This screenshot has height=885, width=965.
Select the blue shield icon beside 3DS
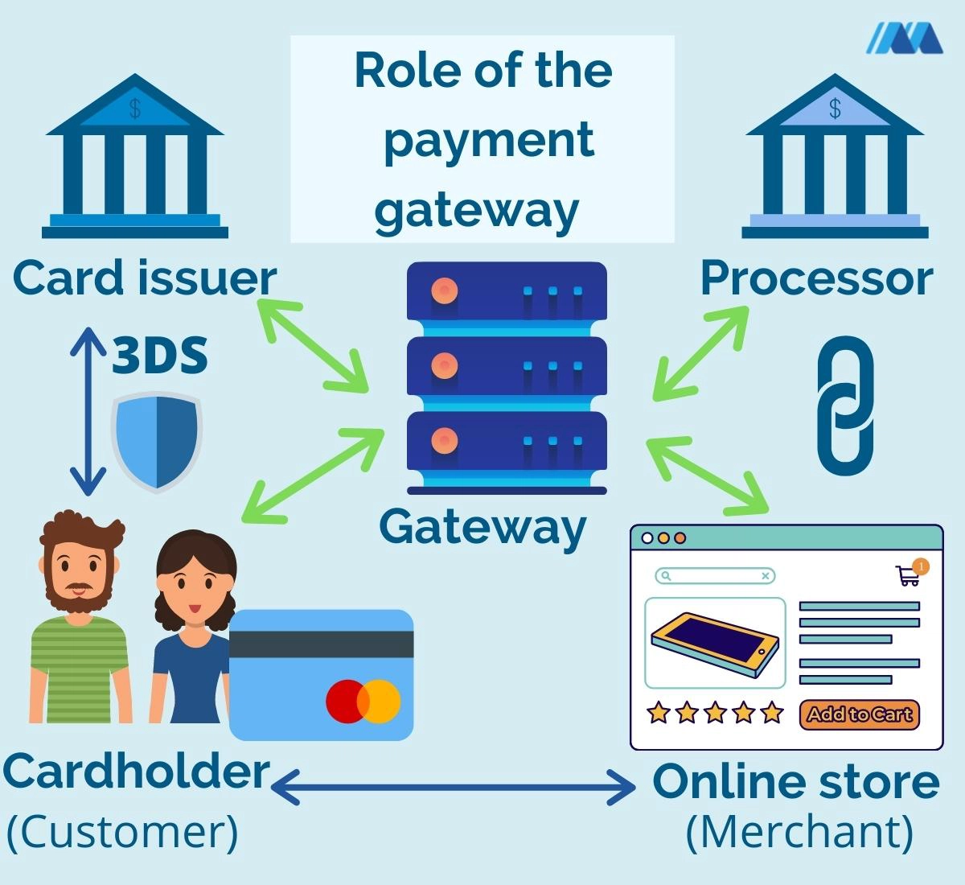coord(156,441)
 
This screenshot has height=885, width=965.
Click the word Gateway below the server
coord(482,528)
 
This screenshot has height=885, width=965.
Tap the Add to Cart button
coord(859,714)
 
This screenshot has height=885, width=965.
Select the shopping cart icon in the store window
coord(908,575)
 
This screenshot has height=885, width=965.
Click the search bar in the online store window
coord(714,575)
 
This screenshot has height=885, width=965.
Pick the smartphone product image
coord(715,641)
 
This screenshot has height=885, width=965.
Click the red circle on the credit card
coord(346,700)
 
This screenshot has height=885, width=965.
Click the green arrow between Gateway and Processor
coord(700,354)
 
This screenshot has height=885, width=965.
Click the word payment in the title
coord(488,140)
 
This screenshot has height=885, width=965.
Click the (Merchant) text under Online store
coord(799,832)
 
